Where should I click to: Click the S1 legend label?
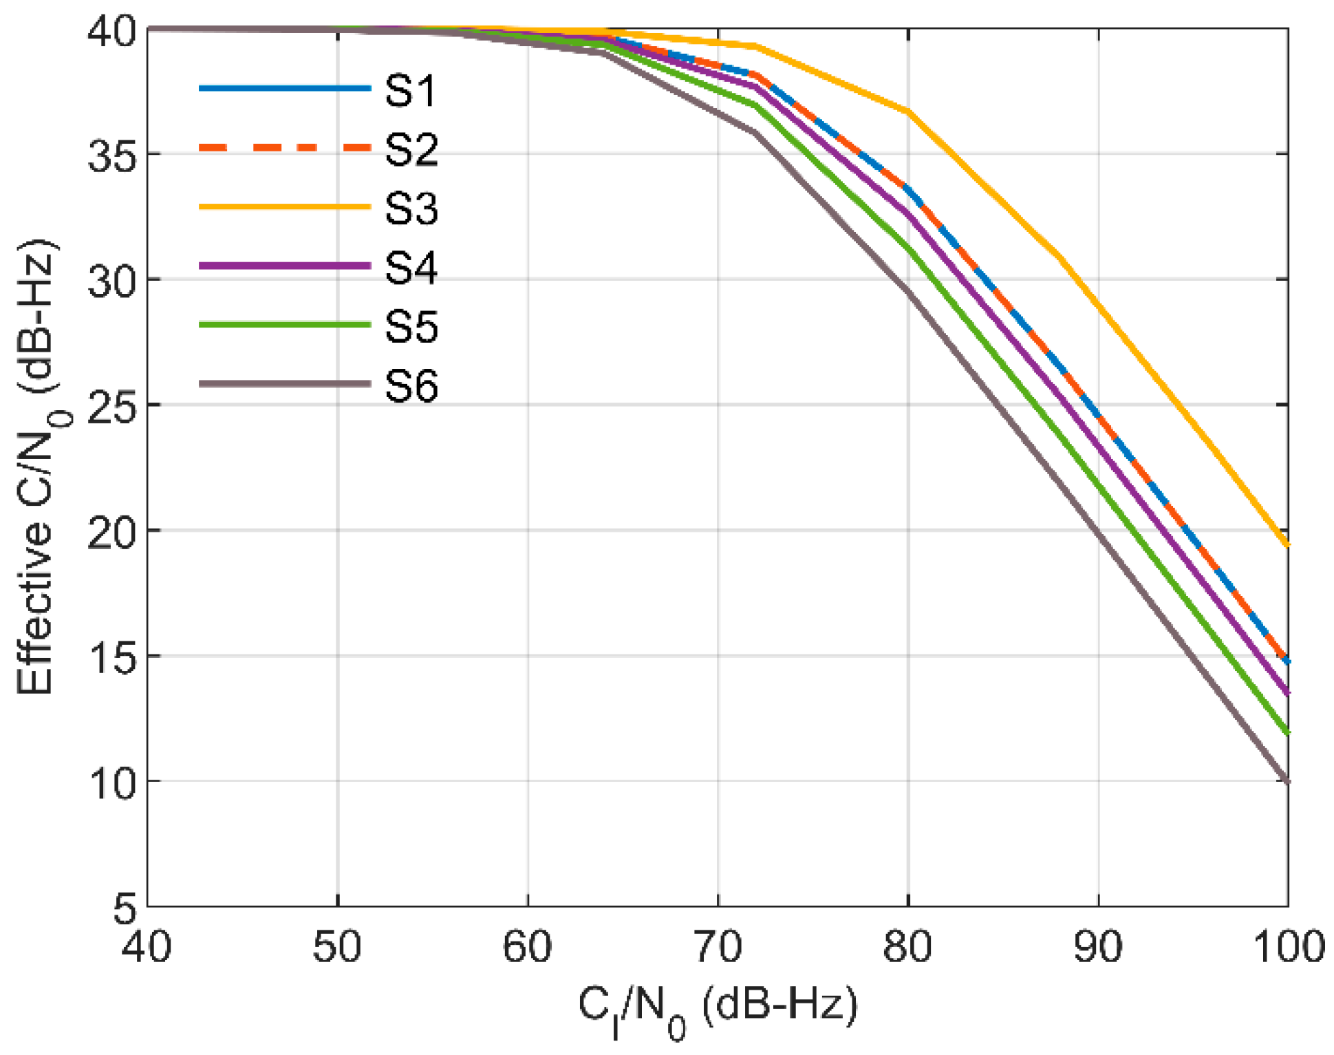[x=411, y=90]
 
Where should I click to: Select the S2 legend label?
[x=411, y=149]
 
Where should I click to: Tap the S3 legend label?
[x=411, y=208]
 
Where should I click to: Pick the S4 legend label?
[x=411, y=267]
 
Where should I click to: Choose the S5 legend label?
[x=411, y=326]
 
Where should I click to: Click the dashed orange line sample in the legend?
[x=285, y=147]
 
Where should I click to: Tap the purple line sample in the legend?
[x=285, y=266]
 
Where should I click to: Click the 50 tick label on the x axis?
[x=337, y=947]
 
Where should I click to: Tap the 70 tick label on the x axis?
[x=718, y=947]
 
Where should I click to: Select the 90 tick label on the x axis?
[x=1098, y=947]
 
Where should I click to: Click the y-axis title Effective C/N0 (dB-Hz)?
[x=38, y=468]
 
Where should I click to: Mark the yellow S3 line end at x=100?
[x=1287, y=545]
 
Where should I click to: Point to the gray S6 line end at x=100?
[x=1287, y=782]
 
